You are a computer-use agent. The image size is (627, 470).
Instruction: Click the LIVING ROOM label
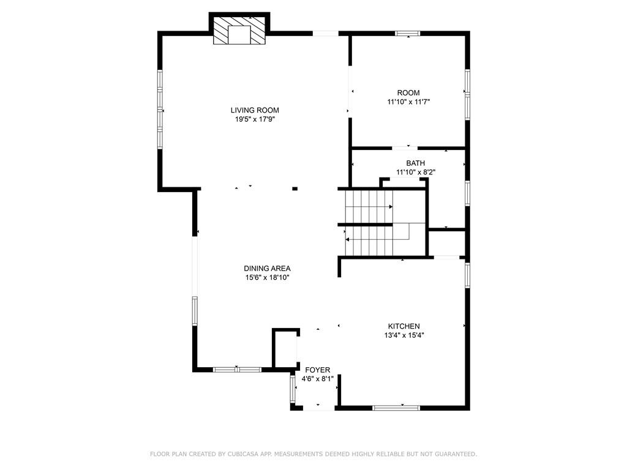(x=254, y=110)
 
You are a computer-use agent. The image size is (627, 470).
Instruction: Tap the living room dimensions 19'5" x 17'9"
(x=254, y=119)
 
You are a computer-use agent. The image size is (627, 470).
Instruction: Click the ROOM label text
(x=408, y=93)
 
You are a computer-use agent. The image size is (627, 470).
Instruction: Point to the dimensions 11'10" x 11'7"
(x=408, y=102)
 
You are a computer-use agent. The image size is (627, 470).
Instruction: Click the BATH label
(x=415, y=163)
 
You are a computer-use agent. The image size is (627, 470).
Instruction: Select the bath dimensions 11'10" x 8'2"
(x=415, y=173)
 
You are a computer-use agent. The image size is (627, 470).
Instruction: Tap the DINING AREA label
(x=267, y=268)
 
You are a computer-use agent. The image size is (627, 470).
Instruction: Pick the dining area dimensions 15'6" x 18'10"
(x=267, y=277)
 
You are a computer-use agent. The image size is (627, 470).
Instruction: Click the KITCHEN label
(x=404, y=326)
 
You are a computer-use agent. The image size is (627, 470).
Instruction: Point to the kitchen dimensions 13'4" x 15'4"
(x=404, y=335)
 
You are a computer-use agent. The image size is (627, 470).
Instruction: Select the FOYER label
(x=317, y=370)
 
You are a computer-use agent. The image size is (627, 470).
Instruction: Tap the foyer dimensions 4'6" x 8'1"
(x=317, y=379)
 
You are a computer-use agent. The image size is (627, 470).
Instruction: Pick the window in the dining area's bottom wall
(x=237, y=370)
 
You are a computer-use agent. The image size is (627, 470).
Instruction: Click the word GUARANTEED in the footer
(x=456, y=454)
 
